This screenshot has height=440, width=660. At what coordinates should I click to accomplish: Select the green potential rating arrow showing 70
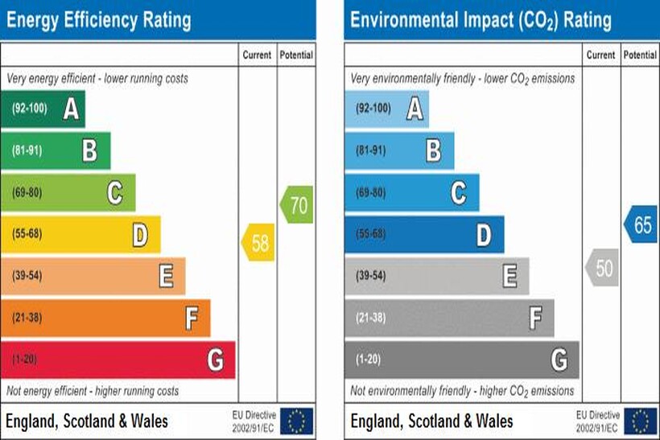[x=297, y=205]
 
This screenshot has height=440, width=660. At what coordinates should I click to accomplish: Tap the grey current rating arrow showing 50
[x=602, y=268]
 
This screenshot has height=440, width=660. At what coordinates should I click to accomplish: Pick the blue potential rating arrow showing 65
[x=641, y=225]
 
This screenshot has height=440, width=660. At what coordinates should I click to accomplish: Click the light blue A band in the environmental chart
[x=387, y=109]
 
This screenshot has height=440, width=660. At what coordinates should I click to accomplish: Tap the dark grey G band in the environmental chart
[x=462, y=360]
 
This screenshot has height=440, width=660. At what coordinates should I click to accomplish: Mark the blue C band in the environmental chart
[x=412, y=192]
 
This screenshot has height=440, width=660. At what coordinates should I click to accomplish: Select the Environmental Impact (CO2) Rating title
[x=481, y=19]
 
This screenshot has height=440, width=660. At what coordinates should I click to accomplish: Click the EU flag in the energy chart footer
[x=297, y=420]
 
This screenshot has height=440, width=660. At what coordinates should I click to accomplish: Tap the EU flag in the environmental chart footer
[x=641, y=420]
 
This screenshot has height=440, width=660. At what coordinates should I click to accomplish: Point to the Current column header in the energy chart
[x=258, y=56]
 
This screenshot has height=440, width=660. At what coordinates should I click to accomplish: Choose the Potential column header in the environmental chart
[x=640, y=56]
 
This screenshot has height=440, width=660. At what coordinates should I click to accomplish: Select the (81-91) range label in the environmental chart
[x=371, y=150]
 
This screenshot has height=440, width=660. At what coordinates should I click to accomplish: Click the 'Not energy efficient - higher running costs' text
[x=93, y=391]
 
